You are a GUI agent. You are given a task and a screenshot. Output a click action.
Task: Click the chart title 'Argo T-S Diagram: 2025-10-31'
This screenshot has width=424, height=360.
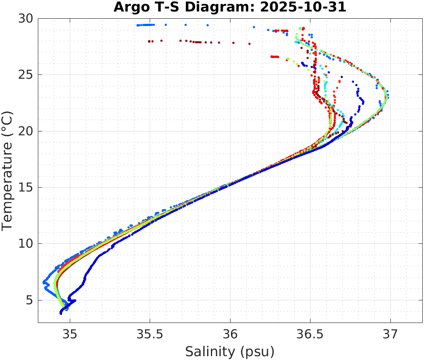230,7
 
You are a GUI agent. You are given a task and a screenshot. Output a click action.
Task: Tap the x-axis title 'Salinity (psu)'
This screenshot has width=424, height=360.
230,351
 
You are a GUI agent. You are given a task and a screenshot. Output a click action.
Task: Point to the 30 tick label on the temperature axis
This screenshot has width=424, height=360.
27,19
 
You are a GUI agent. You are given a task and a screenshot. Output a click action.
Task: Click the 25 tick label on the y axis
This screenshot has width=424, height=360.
27,75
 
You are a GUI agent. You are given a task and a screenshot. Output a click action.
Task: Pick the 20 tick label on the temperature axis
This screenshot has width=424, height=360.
27,131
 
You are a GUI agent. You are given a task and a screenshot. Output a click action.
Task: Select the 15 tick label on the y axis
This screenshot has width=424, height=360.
27,188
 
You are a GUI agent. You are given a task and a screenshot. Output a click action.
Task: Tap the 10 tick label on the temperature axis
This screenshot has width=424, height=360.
27,244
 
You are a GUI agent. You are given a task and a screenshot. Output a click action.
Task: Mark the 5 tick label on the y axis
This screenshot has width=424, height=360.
30,300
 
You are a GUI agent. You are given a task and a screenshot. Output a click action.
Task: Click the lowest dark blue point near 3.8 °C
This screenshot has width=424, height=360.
61,313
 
